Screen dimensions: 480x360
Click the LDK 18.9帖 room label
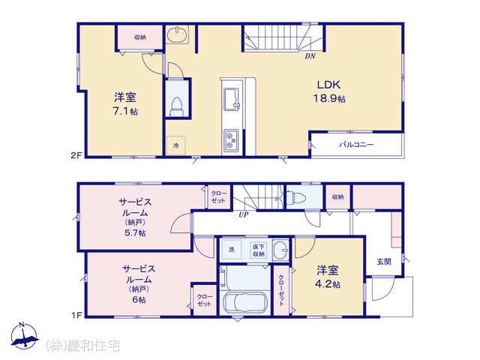(329, 91)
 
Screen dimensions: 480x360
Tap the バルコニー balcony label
(356, 145)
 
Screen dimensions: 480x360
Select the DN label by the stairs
(310, 56)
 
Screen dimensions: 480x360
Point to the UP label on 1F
(244, 214)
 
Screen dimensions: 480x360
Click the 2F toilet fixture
(177, 107)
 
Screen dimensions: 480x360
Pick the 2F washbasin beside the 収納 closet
(177, 34)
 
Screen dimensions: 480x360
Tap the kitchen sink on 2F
(232, 99)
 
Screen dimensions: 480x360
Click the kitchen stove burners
(232, 140)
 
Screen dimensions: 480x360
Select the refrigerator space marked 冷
(176, 145)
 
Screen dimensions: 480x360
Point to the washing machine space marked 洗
(232, 250)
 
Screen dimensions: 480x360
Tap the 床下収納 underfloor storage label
(258, 250)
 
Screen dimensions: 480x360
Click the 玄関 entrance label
(384, 262)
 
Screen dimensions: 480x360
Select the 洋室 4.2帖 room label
(328, 277)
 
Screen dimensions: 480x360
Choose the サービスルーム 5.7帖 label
(135, 217)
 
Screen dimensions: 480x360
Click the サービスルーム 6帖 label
(139, 284)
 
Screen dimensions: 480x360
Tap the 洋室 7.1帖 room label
(125, 104)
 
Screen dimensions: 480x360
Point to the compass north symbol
(24, 336)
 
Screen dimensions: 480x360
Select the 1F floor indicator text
(76, 315)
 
